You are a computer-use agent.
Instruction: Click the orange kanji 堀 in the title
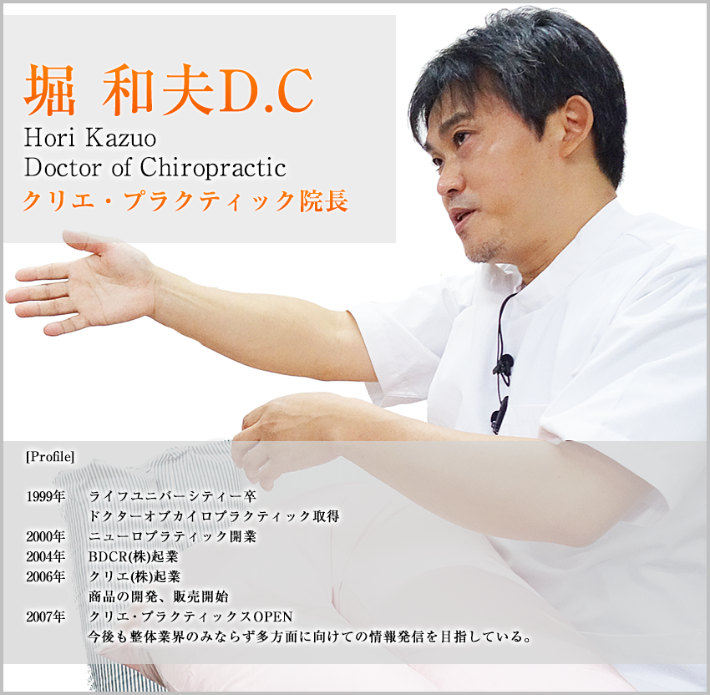[49, 89]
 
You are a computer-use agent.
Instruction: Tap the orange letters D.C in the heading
[267, 90]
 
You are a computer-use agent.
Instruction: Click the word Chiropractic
[213, 168]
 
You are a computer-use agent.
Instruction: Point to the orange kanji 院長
[324, 200]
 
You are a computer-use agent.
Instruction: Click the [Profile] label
[50, 456]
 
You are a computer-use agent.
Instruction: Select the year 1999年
[46, 497]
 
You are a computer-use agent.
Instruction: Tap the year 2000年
[46, 536]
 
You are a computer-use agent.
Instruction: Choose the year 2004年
[46, 556]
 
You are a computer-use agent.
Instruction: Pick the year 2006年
[46, 576]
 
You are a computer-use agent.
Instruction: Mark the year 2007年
[46, 616]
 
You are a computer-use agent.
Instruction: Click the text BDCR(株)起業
[134, 556]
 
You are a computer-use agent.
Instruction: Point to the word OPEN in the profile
[273, 616]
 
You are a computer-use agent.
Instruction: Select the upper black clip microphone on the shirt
[504, 366]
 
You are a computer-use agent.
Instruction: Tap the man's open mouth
[461, 217]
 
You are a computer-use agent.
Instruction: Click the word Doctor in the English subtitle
[63, 168]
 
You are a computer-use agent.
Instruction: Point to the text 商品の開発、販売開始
[159, 596]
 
